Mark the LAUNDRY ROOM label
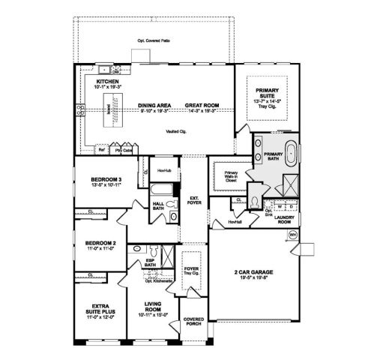click(285, 220)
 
